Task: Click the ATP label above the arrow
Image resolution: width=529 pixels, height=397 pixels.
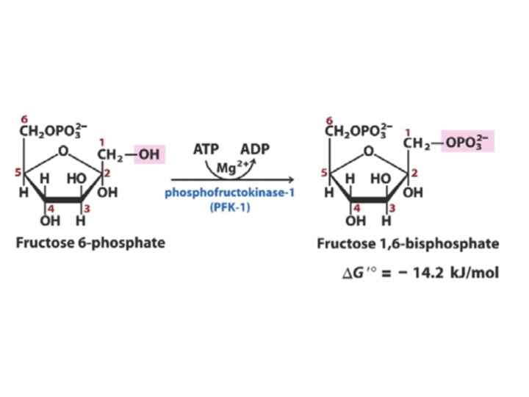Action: pos(206,149)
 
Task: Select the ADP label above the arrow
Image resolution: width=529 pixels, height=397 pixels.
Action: pos(255,149)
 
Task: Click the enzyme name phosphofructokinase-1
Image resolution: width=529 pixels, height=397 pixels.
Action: pos(229,193)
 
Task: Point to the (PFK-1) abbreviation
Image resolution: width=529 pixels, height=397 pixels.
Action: pos(230,207)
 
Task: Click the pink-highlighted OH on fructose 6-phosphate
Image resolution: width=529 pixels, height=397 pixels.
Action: pos(149,154)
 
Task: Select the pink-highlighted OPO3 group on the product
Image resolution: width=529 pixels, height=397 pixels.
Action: pos(467,141)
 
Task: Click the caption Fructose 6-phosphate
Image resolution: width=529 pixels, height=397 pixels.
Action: pos(90,243)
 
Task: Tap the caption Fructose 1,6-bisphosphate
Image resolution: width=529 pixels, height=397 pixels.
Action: pos(408,243)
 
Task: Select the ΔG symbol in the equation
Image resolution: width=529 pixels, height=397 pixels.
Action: pos(354,273)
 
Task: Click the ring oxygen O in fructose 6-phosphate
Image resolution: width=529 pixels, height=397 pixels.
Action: pos(63,151)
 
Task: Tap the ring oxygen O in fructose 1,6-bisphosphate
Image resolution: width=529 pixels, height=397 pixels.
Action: pos(369,151)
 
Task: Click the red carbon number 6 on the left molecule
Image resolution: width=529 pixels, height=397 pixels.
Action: pos(24,119)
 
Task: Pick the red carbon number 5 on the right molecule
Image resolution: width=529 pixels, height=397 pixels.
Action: pos(324,173)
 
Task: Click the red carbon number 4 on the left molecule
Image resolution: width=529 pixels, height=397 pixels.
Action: pos(51,209)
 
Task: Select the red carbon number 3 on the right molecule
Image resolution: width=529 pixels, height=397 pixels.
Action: pos(392,209)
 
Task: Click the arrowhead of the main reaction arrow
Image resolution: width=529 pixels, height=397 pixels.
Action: pos(291,179)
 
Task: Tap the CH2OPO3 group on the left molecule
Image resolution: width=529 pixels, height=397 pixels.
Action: pos(53,130)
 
